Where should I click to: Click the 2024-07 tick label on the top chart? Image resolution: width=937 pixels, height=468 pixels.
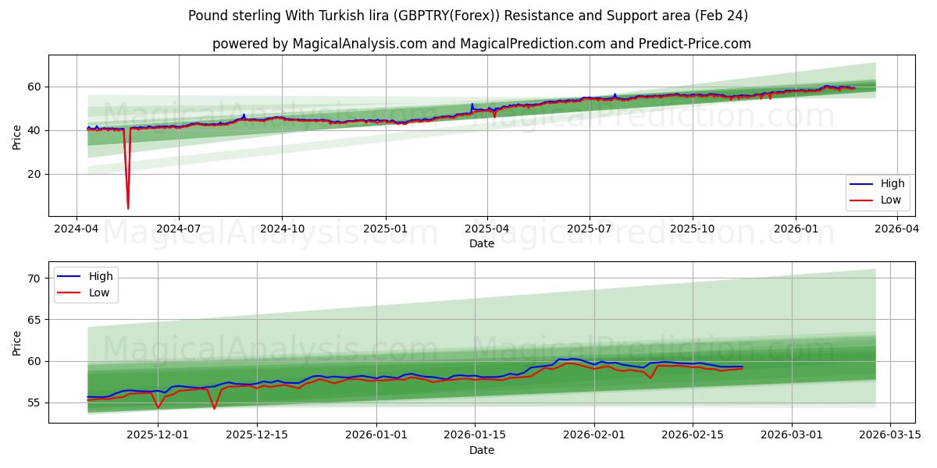pyautogui.click(x=179, y=229)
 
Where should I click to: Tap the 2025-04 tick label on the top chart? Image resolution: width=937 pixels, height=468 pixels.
pyautogui.click(x=487, y=229)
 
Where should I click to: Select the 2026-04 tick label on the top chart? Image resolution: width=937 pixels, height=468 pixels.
pyautogui.click(x=897, y=229)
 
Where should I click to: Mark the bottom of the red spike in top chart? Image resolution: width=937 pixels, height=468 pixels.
pyautogui.click(x=128, y=208)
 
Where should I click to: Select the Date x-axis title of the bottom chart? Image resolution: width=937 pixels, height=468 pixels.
pyautogui.click(x=482, y=450)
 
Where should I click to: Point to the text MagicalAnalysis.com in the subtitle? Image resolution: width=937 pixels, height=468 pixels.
pyautogui.click(x=360, y=44)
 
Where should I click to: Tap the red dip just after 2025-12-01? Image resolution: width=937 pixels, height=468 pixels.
pyautogui.click(x=159, y=408)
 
